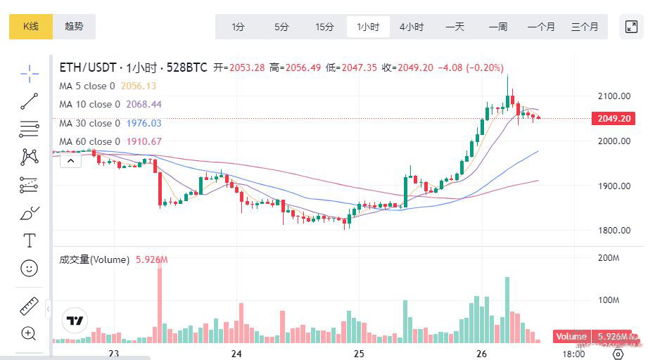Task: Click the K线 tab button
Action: (31, 27)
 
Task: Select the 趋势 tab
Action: (74, 27)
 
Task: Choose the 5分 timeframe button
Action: (281, 27)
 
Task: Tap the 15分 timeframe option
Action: (324, 27)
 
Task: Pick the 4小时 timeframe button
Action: (412, 27)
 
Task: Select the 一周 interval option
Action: (498, 27)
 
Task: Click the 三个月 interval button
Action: (585, 27)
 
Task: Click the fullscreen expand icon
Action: (631, 27)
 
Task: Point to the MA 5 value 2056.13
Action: (139, 86)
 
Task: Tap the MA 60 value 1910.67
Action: (144, 141)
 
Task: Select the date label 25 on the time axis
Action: (359, 353)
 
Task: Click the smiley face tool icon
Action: (29, 268)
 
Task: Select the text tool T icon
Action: (29, 241)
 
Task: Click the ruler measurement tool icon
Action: (29, 307)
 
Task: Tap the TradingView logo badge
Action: (75, 321)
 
